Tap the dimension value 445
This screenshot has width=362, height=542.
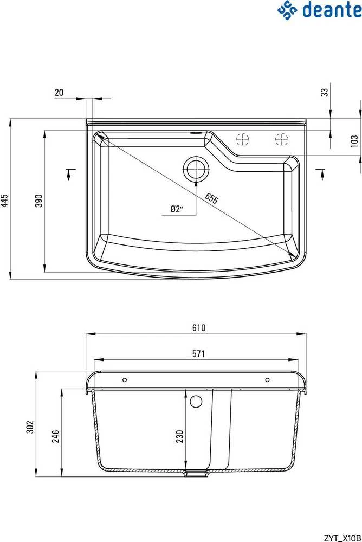pos(4,201)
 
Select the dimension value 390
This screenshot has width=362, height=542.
pos(38,201)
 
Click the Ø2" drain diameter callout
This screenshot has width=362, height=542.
pos(176,209)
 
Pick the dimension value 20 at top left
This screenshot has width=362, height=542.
pos(59,93)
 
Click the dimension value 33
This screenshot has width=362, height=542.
pos(324,92)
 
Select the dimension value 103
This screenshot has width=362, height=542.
pos(354,141)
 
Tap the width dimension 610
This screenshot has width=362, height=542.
pos(199,327)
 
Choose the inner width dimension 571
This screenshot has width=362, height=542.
pos(198,353)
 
